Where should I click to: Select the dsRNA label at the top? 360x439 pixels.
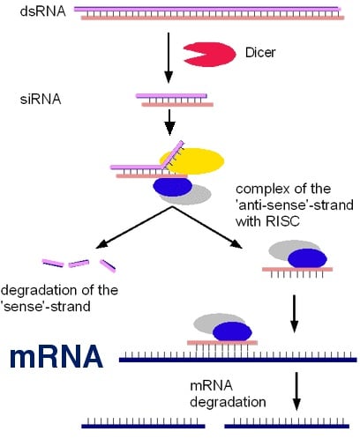click(25, 12)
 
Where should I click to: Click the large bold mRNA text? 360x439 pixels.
click(56, 357)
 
